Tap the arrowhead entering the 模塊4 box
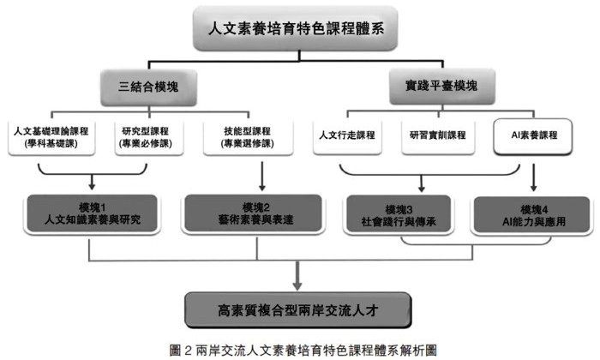pyautogui.click(x=534, y=189)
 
